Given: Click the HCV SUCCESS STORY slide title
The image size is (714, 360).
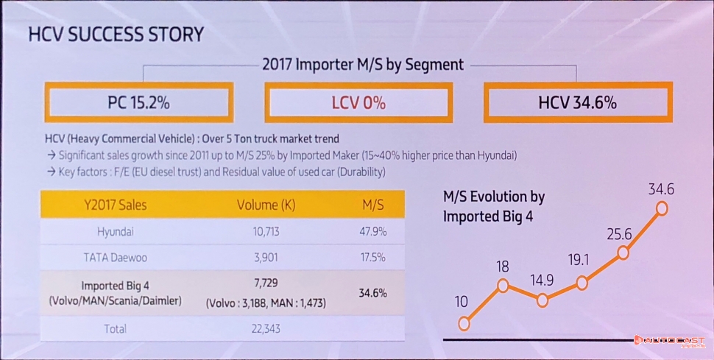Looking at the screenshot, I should (x=116, y=35).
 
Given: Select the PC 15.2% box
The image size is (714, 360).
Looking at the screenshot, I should (x=138, y=102).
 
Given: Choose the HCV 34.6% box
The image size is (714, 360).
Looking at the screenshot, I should (x=577, y=102).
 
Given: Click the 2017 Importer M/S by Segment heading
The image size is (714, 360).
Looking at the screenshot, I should (x=363, y=65).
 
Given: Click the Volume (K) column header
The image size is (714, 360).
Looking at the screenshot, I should (x=266, y=205).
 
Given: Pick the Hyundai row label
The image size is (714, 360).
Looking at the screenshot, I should (x=116, y=232).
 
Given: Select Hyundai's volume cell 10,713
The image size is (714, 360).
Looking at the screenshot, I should (x=266, y=232).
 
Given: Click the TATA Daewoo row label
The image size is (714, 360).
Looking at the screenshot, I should (x=116, y=259).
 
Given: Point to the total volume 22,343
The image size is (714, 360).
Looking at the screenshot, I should (x=266, y=328).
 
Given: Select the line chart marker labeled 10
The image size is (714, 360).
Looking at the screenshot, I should (x=464, y=323).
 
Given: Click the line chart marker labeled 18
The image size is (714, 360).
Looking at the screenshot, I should (x=503, y=285).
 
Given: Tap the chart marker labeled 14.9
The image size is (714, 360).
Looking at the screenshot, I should (x=543, y=300).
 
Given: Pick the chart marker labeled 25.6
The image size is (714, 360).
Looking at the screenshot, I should (x=623, y=253).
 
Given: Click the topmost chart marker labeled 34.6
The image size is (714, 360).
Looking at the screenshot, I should (x=662, y=208).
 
